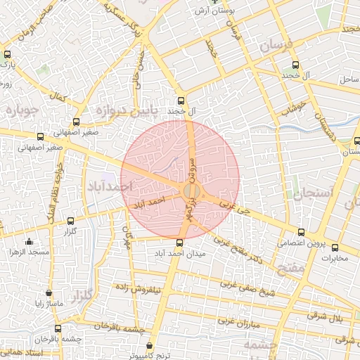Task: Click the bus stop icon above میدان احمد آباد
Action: [x=179, y=243]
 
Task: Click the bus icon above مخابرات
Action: [x=335, y=247]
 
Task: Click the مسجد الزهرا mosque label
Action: [x=29, y=251]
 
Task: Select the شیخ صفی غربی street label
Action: [x=249, y=288]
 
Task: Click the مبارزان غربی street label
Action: [x=239, y=321]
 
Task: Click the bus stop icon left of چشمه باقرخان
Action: [x=58, y=328]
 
